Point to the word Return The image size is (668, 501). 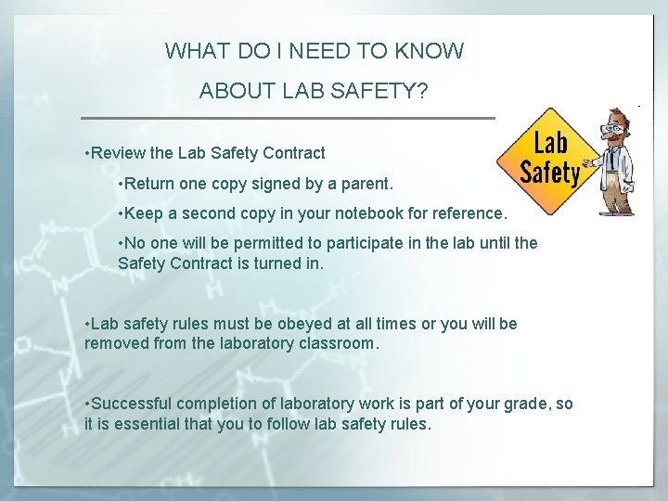pos(154,183)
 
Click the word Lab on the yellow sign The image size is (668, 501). pos(550,145)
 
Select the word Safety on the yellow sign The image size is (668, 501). pos(549,173)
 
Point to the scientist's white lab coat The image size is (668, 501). pos(617,176)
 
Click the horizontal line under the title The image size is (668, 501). pos(288,118)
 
